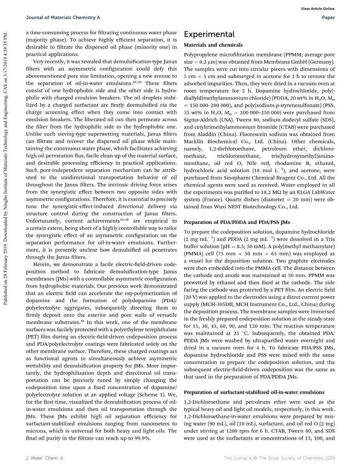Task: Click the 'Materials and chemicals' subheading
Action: tap(213, 45)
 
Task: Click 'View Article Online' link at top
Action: tap(318, 9)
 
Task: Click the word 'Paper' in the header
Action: tap(328, 18)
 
